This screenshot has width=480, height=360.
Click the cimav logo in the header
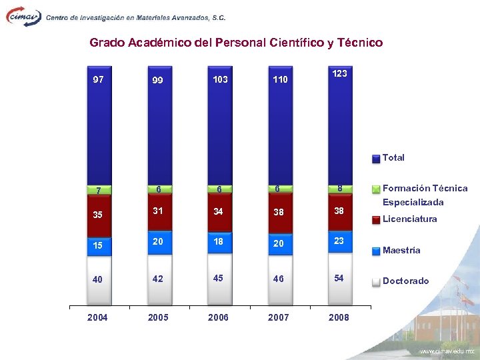(24, 16)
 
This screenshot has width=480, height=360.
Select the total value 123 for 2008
(339, 73)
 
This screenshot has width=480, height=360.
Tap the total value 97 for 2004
(98, 79)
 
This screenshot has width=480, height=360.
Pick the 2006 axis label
(218, 317)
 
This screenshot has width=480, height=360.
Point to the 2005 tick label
(158, 317)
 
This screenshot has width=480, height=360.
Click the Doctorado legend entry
(405, 281)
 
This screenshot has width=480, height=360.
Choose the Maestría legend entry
(401, 250)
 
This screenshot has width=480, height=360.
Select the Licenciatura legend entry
(409, 219)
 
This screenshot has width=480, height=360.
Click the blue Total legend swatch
(376, 159)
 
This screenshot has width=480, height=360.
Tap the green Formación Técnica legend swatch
(376, 189)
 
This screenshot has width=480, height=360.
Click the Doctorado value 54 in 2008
(339, 278)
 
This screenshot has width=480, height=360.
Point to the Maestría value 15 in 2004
(97, 245)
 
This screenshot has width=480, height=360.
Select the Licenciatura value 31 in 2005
(158, 211)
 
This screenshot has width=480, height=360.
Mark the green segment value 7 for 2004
(98, 191)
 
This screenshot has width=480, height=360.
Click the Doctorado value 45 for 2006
(218, 279)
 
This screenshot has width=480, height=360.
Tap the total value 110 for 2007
(279, 80)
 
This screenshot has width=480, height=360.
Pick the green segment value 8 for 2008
(339, 189)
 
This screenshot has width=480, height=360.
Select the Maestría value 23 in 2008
(339, 241)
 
